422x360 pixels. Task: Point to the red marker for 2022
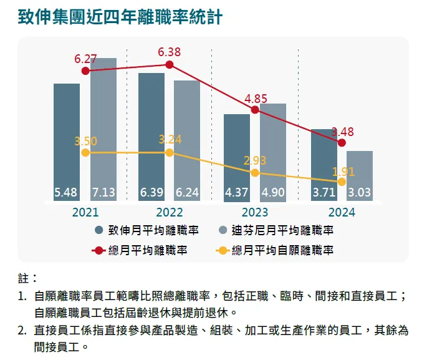tap(170, 64)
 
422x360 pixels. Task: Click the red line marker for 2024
tap(341, 143)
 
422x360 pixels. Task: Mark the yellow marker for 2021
tap(85, 153)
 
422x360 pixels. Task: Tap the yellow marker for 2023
tap(254, 172)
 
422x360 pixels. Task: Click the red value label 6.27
tap(85, 59)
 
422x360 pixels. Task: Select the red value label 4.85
tap(256, 99)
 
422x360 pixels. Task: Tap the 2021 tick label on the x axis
tap(85, 213)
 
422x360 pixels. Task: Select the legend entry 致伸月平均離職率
tap(147, 230)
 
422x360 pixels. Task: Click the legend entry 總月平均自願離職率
tap(275, 251)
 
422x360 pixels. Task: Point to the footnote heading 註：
tap(29, 278)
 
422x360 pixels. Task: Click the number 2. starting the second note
tap(22, 330)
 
